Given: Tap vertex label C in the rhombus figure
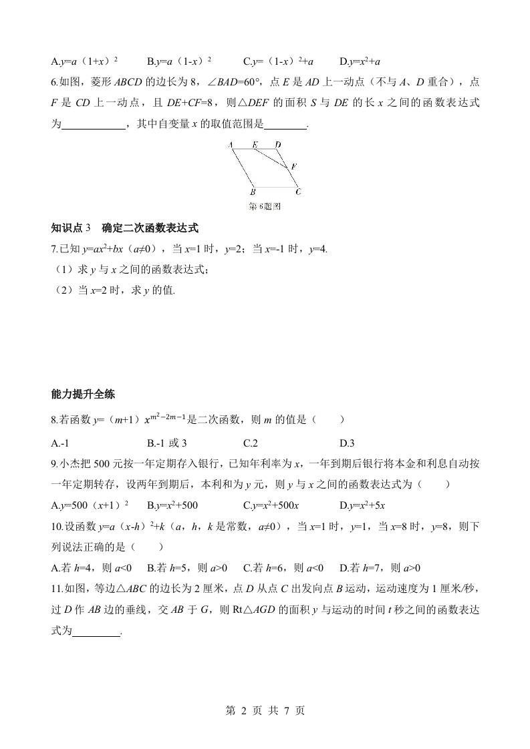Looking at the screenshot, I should (297, 192).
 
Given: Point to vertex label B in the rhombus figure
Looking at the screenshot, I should (253, 192).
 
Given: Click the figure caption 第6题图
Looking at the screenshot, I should (264, 206).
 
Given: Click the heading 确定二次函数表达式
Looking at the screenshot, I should (150, 228).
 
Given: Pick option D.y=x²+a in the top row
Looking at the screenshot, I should (360, 61).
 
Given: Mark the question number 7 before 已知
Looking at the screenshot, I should (54, 249).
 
